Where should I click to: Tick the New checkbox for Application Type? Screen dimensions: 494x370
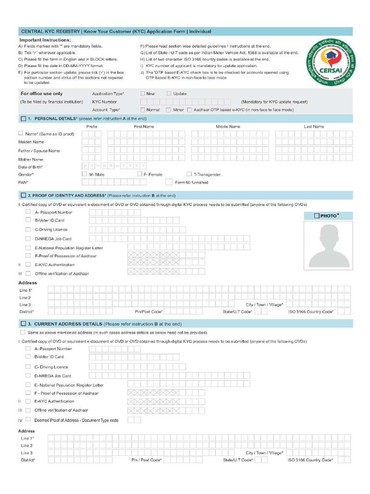[143, 94]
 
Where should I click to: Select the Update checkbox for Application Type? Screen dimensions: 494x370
[169, 94]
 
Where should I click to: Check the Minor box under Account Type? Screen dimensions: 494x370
[169, 110]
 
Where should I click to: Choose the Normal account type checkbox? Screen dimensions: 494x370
[143, 110]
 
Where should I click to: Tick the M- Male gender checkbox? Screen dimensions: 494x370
[85, 174]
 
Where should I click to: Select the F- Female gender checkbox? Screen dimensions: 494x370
[140, 174]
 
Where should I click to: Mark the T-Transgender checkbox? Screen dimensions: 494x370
[189, 174]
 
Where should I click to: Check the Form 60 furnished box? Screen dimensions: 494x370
[169, 182]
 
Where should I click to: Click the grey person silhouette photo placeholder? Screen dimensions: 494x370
[329, 246]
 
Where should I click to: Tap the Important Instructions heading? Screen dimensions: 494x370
[45, 40]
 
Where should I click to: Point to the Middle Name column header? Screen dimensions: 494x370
[228, 126]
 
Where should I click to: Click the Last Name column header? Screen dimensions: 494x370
[314, 126]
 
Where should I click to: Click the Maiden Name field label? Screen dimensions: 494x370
[31, 142]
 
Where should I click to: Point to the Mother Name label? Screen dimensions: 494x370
[31, 159]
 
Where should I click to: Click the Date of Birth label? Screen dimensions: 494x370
[31, 166]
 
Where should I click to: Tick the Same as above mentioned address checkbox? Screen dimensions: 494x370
[23, 332]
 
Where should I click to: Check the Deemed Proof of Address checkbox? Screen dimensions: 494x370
[28, 419]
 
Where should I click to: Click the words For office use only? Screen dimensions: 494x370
[41, 94]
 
